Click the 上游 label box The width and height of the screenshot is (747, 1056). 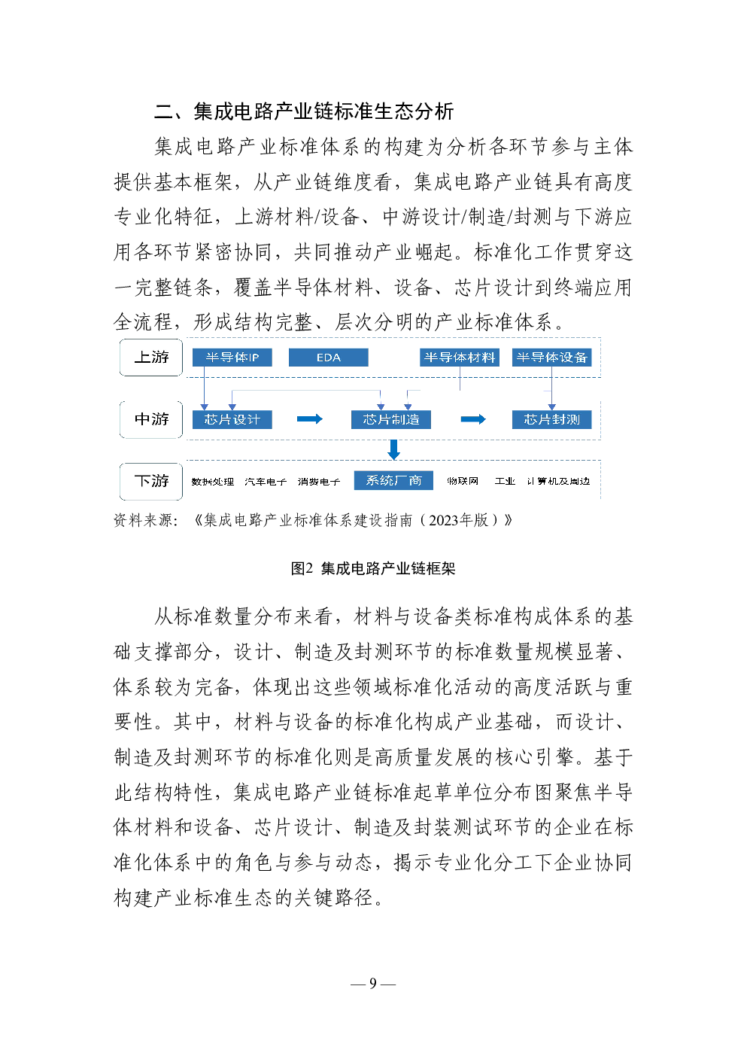[x=150, y=358]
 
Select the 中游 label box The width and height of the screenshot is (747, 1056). [x=150, y=419]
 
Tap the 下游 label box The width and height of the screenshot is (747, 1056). [x=150, y=481]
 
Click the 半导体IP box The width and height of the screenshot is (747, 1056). [x=232, y=358]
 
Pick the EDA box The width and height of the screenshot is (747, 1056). [x=328, y=358]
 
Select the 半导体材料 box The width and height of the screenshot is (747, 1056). [x=459, y=358]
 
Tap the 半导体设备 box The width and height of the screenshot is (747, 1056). [x=551, y=358]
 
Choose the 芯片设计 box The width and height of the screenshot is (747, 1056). [x=232, y=419]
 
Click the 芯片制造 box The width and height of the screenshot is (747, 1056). [x=390, y=419]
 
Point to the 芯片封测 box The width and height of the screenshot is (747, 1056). [x=551, y=419]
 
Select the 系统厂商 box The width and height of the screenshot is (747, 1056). [x=393, y=480]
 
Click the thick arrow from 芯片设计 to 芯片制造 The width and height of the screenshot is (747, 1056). [x=309, y=419]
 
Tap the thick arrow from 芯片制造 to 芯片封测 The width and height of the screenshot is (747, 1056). [x=472, y=419]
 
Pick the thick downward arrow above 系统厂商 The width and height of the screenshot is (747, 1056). [x=393, y=449]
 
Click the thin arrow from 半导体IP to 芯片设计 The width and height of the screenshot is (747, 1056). [x=204, y=388]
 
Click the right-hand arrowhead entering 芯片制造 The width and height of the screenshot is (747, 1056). [x=408, y=406]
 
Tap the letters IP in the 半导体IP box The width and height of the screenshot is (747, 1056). [x=254, y=358]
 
